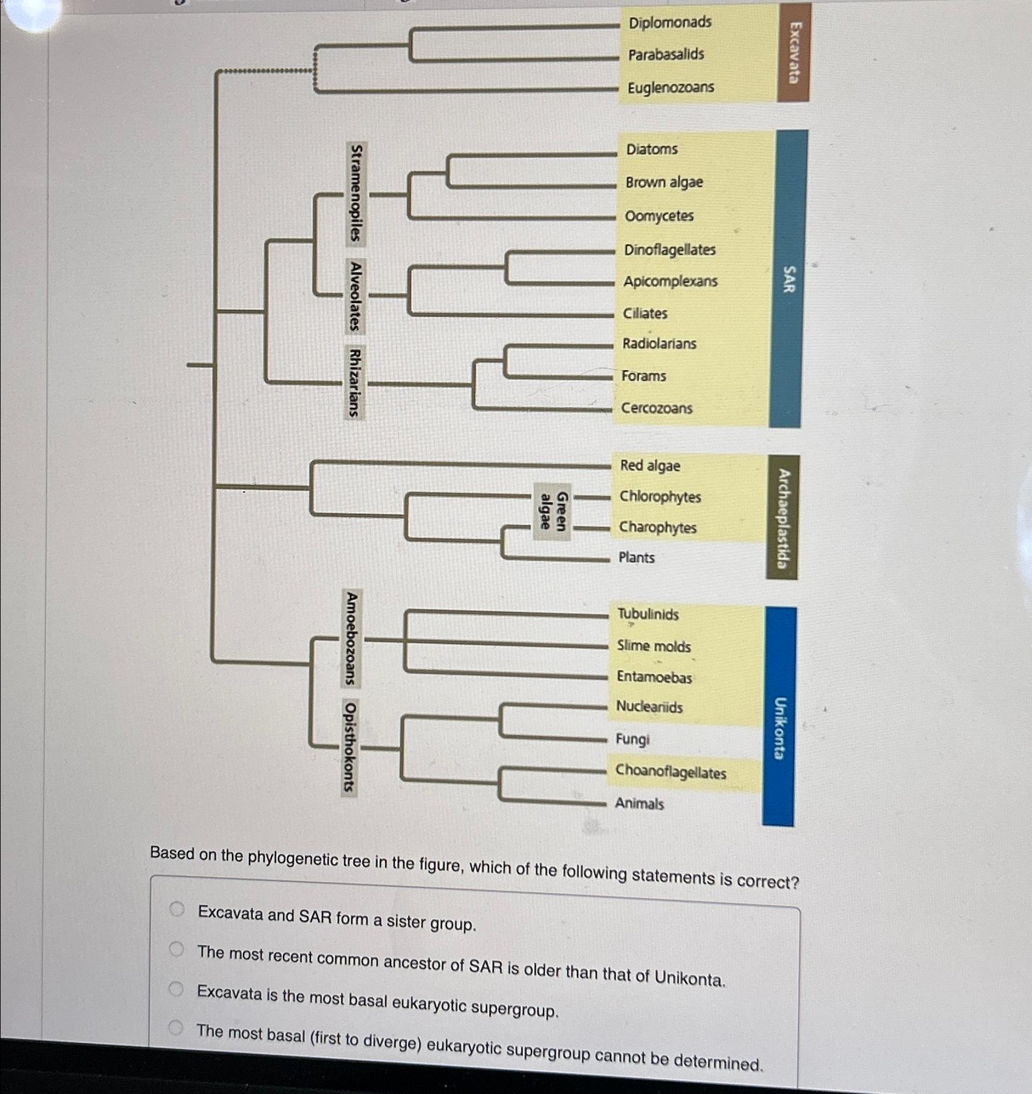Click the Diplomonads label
(670, 22)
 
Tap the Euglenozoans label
(671, 87)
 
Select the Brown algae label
(664, 182)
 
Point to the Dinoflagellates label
(669, 250)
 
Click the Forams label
(643, 376)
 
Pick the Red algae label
(649, 466)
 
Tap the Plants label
(636, 557)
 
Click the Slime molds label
(654, 646)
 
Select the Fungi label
(632, 739)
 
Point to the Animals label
(639, 803)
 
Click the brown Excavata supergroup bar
(794, 52)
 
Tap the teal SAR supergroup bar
(788, 279)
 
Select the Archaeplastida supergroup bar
(782, 518)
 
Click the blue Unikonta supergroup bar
(779, 716)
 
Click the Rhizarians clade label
(355, 382)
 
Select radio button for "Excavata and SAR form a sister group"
(177, 909)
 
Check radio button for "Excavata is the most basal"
(176, 989)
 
